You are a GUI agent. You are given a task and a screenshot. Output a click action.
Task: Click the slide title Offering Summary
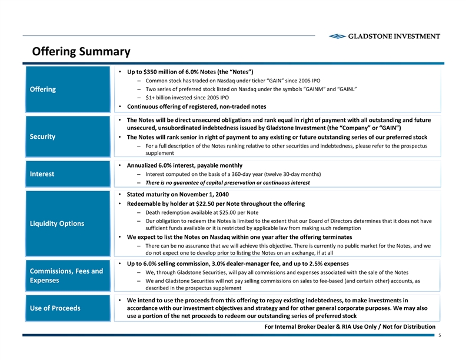81,52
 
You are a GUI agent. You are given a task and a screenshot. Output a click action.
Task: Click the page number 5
440,338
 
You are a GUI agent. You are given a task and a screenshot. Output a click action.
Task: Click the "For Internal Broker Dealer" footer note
350,326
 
